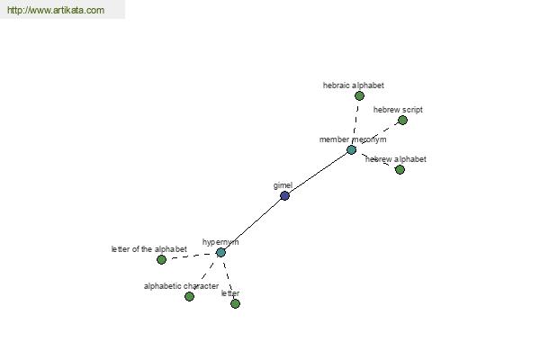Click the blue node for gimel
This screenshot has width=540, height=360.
click(284, 195)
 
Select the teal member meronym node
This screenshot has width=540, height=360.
click(351, 150)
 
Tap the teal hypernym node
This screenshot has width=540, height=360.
click(220, 253)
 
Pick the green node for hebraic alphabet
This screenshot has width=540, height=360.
click(359, 95)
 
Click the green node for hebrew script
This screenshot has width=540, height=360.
click(402, 121)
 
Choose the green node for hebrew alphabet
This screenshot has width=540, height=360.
click(400, 169)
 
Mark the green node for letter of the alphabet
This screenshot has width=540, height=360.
click(161, 260)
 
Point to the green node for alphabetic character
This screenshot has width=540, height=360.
click(189, 296)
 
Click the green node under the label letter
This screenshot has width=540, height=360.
click(235, 303)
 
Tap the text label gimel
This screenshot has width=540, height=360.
click(283, 185)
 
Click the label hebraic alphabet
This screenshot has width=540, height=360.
click(354, 85)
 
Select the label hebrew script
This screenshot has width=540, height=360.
click(398, 110)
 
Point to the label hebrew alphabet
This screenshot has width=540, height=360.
click(396, 159)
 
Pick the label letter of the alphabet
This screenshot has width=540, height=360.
click(149, 249)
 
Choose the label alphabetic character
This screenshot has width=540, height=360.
click(181, 286)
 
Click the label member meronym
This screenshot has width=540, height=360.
click(353, 139)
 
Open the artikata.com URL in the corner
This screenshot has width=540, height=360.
click(56, 10)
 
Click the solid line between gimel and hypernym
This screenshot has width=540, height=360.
click(252, 224)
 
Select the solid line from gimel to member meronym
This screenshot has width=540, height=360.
click(318, 173)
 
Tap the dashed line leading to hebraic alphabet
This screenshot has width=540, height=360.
click(355, 121)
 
